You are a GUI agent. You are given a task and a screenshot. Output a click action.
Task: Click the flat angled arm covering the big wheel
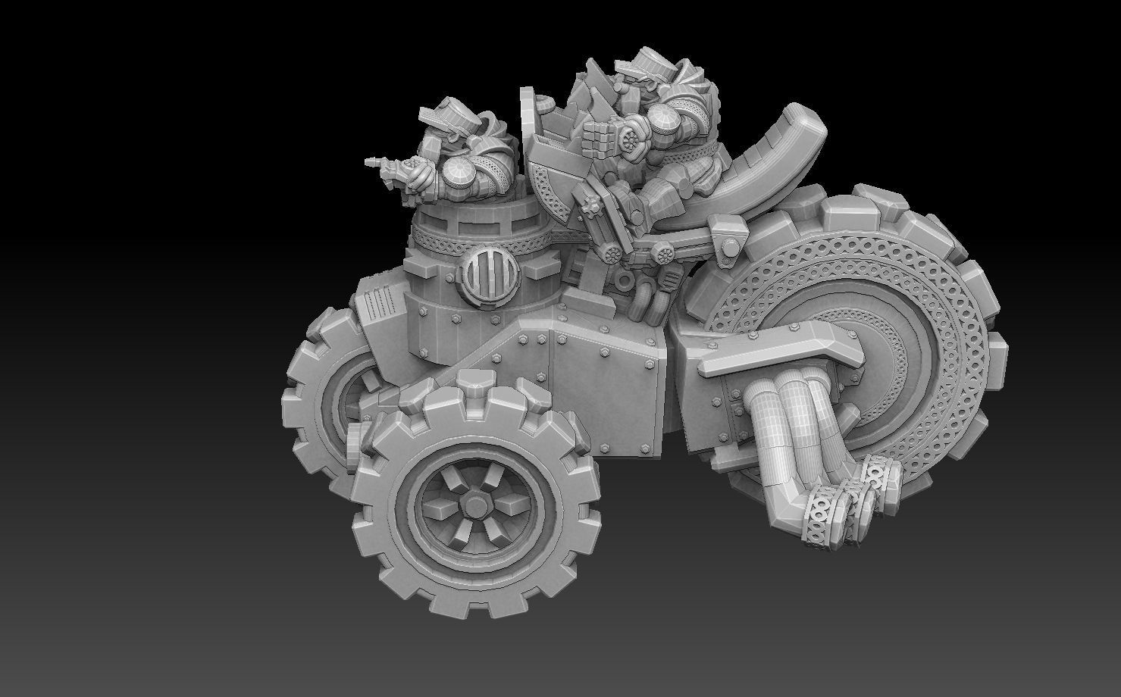781,348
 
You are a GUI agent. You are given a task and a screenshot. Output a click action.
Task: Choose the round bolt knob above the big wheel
729,247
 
